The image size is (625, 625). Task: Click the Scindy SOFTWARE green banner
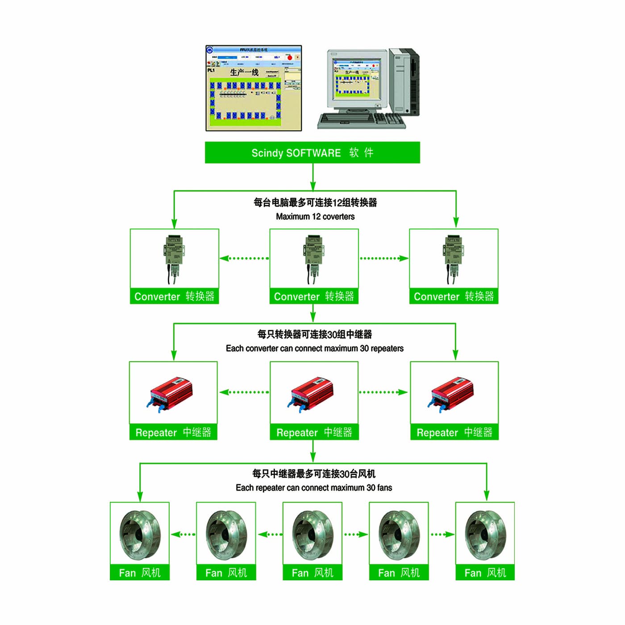coord(312,153)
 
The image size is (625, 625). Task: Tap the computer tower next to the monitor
coord(404,83)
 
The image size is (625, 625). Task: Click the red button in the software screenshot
coord(289,57)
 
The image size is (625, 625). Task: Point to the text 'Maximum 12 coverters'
coord(315,217)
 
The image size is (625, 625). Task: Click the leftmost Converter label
coord(174,296)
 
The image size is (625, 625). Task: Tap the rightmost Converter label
coord(454,296)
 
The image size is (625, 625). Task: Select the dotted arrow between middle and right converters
coord(383,258)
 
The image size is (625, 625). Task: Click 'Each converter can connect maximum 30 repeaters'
coord(314,348)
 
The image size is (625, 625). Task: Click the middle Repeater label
coord(314,432)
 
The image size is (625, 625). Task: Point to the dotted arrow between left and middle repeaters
coord(244,392)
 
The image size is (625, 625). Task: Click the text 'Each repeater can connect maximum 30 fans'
coord(314,487)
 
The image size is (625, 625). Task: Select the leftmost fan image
coord(140,534)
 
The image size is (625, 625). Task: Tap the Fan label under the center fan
coord(312,573)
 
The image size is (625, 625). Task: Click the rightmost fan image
coord(485,534)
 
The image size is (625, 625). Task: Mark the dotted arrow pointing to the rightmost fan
coord(442,534)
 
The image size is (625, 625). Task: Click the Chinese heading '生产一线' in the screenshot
coord(244,72)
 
